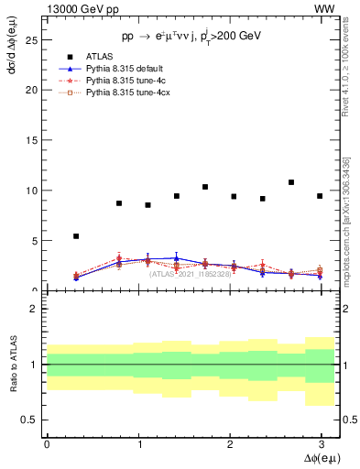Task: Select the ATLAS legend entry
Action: pos(98,57)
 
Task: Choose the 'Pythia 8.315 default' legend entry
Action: pos(125,69)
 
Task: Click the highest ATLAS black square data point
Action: pos(291,182)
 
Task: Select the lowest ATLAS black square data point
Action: pos(76,236)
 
